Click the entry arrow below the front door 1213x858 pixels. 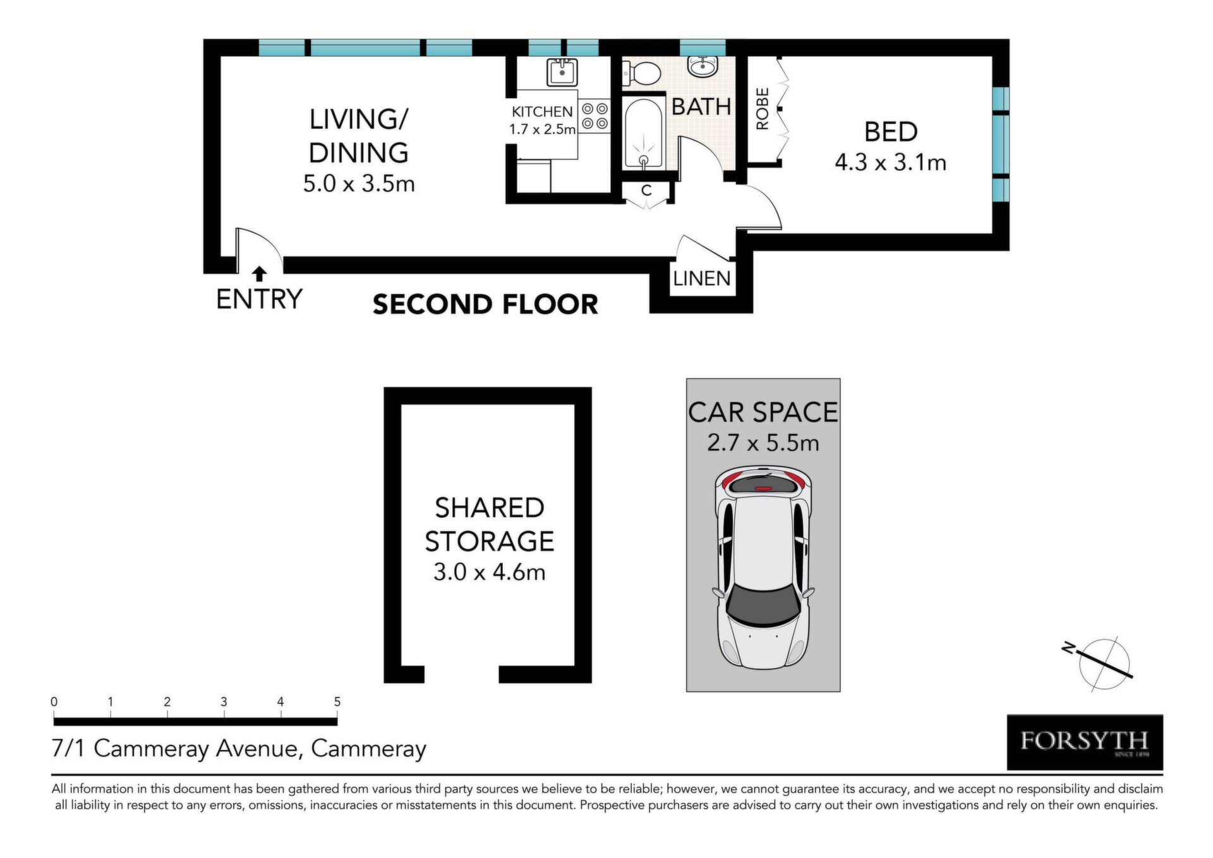(x=259, y=274)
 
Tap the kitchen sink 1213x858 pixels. (x=562, y=72)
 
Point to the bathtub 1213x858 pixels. (x=644, y=133)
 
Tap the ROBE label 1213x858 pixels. (x=763, y=109)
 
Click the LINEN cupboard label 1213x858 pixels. (x=701, y=278)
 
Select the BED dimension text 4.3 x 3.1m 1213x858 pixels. (x=890, y=163)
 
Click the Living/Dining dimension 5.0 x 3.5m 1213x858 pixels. (x=359, y=184)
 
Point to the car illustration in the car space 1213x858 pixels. (x=763, y=569)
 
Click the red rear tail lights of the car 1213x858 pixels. (x=763, y=481)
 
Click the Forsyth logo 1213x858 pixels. (x=1084, y=742)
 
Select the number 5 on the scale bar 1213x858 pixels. (x=337, y=702)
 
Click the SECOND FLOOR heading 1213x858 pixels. (x=485, y=304)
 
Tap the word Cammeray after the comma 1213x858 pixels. (x=369, y=749)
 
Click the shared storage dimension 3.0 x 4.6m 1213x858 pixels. (x=489, y=572)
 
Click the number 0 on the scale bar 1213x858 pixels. (x=54, y=702)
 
